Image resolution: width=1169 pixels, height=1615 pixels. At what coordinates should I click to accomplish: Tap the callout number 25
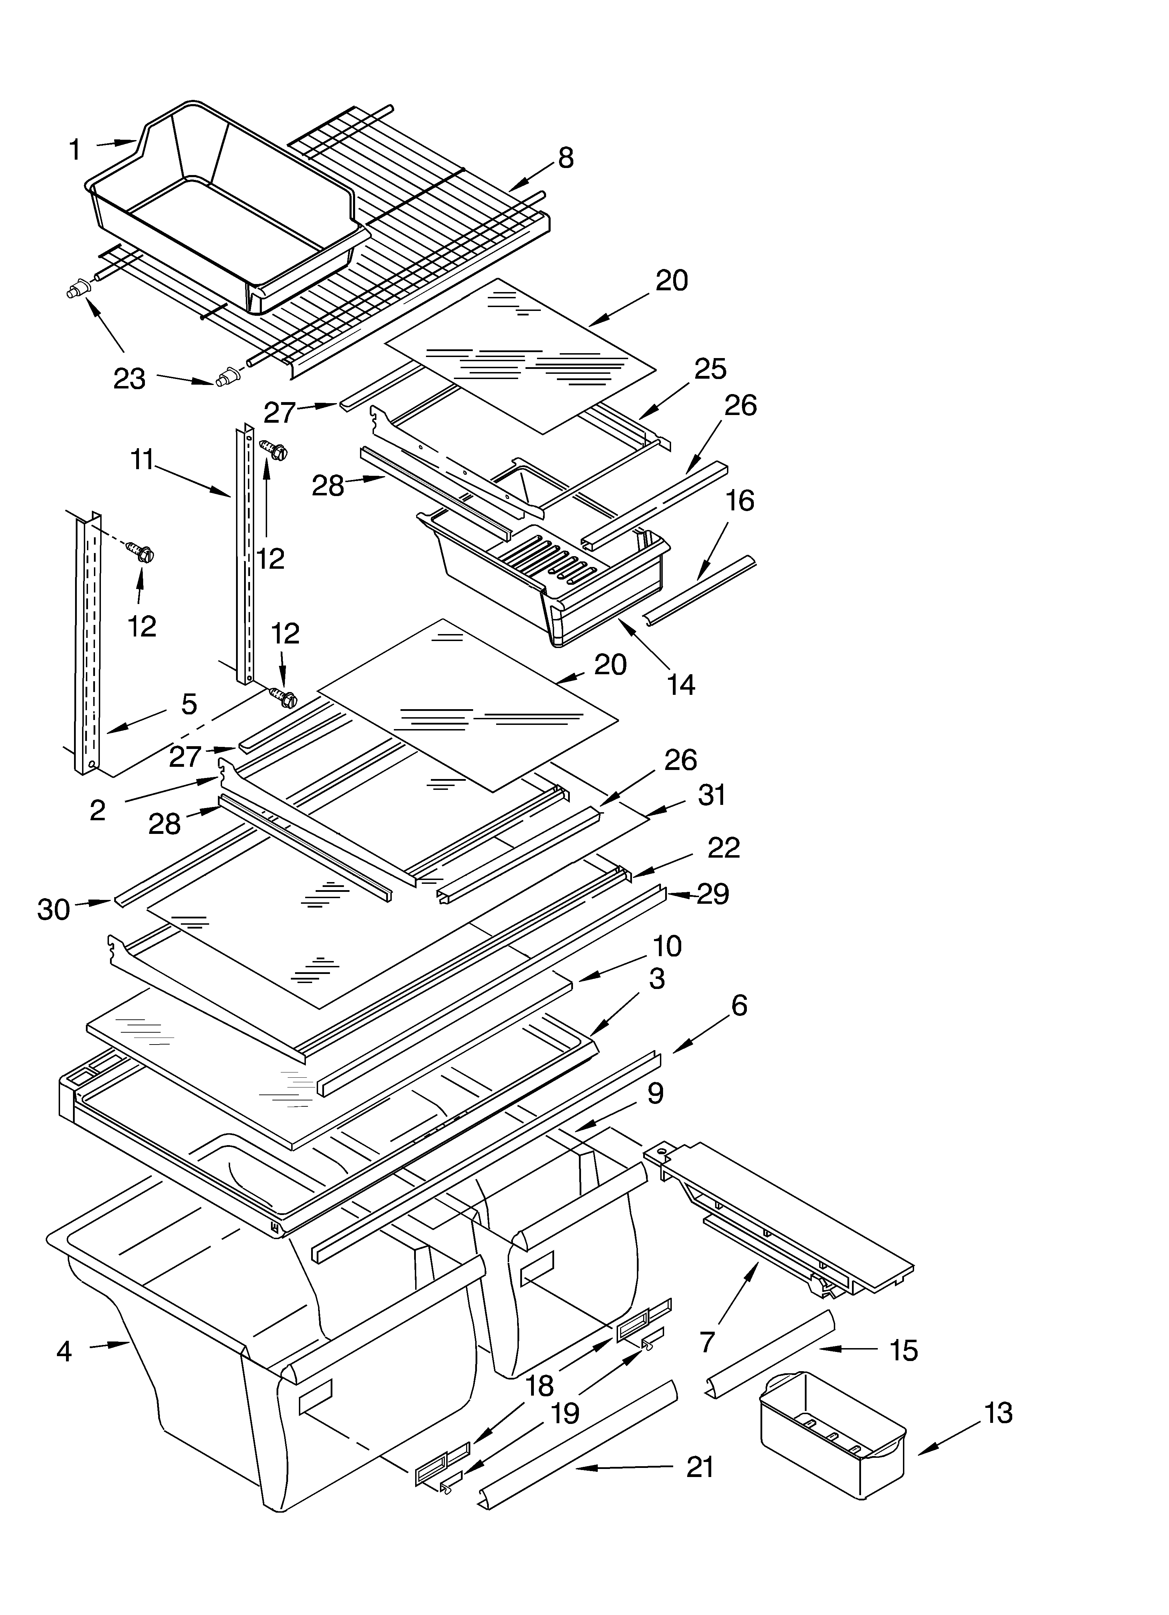point(710,369)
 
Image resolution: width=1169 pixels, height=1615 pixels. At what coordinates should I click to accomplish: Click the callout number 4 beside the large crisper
point(64,1351)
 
